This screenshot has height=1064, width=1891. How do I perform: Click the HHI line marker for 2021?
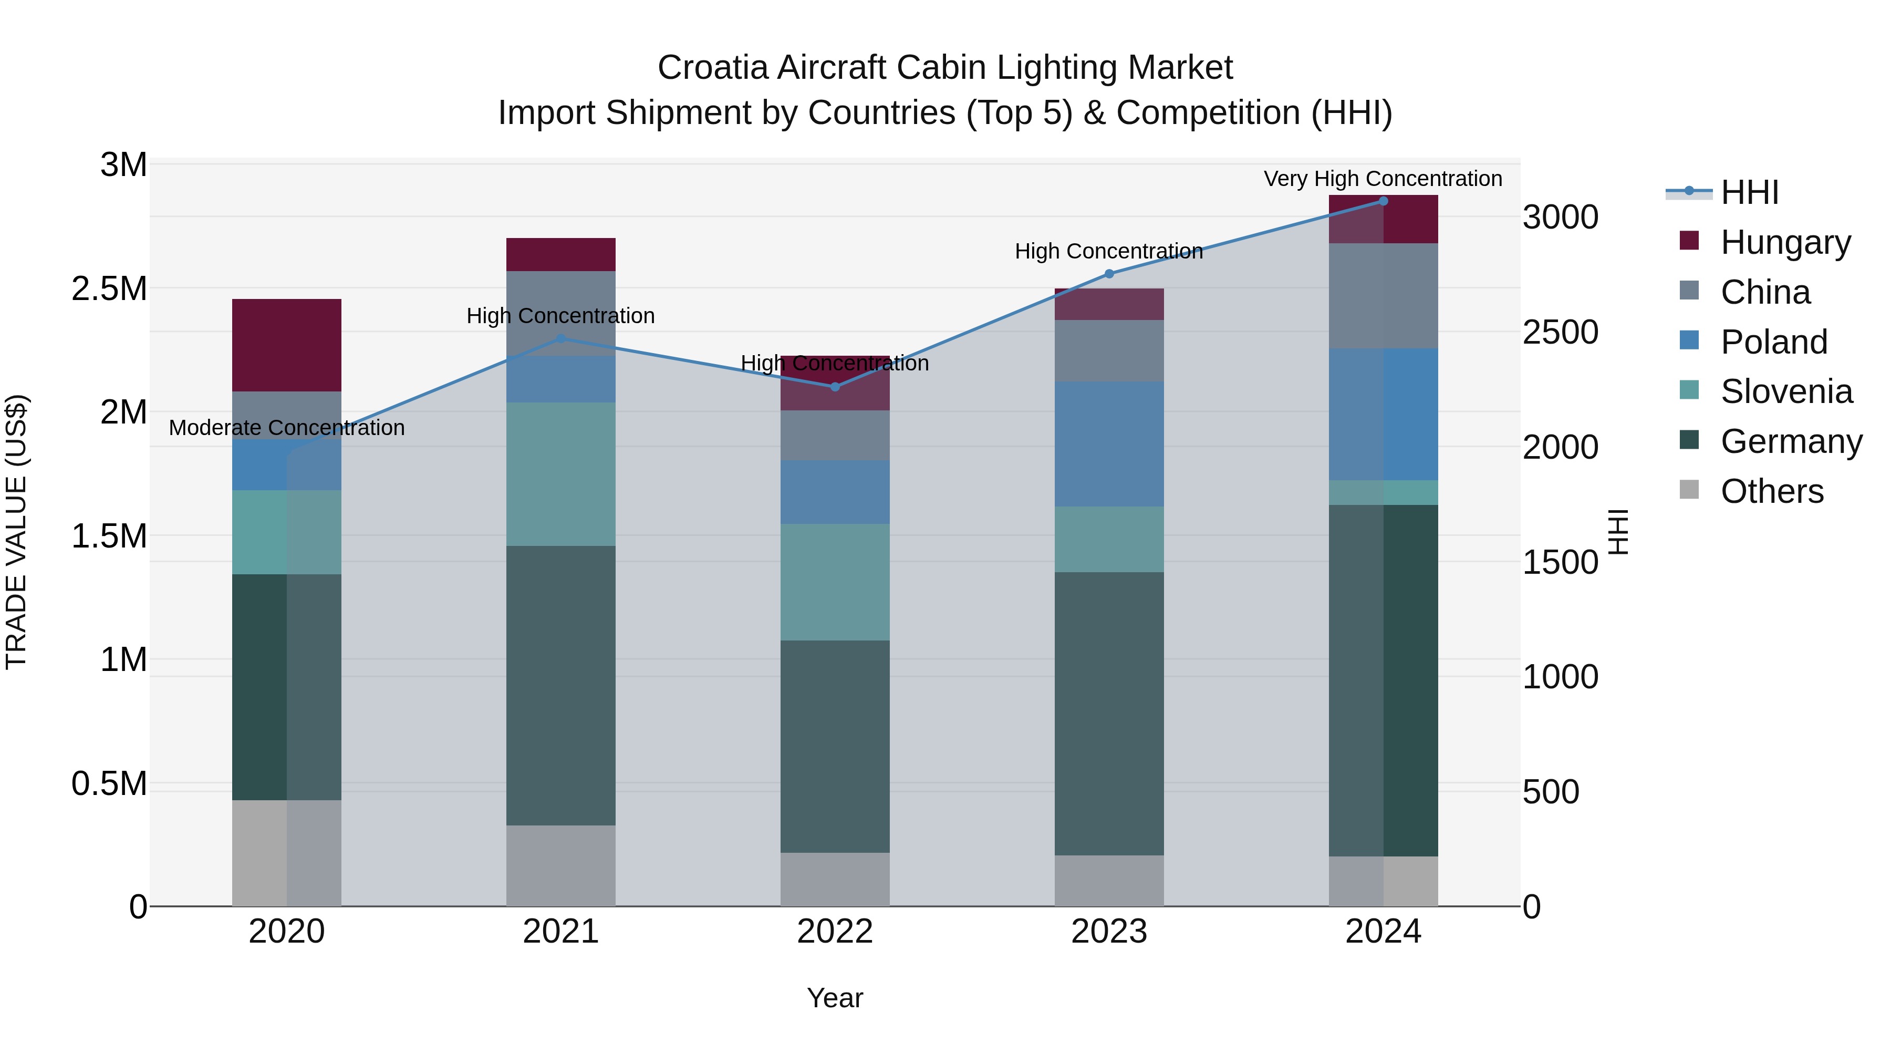click(x=561, y=338)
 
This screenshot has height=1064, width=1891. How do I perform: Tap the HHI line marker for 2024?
click(x=1383, y=201)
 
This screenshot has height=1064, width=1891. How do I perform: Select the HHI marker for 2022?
click(x=835, y=387)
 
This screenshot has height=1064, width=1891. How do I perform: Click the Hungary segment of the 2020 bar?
click(x=286, y=345)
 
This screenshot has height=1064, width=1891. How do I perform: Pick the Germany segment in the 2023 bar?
click(x=1109, y=713)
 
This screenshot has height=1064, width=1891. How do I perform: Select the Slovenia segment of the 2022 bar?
click(x=835, y=582)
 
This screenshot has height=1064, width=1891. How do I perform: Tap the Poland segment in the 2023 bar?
click(x=1109, y=443)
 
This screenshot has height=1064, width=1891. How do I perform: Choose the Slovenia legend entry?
click(x=1786, y=391)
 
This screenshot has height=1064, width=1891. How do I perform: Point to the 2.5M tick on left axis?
click(x=109, y=288)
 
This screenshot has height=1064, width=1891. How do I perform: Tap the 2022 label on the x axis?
click(x=835, y=932)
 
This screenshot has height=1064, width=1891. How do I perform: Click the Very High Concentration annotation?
click(x=1383, y=179)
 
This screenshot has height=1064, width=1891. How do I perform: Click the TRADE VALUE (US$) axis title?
click(x=16, y=532)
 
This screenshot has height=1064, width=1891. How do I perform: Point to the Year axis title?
click(x=835, y=998)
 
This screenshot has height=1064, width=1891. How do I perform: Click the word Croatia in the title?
click(x=712, y=68)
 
